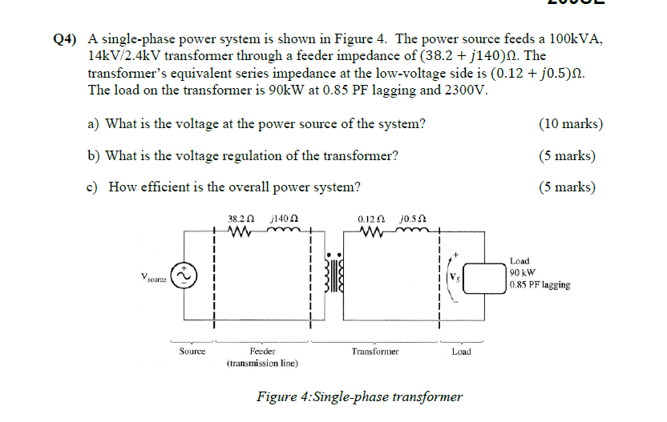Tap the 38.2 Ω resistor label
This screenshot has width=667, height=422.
241,218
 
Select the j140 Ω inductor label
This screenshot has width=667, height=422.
285,218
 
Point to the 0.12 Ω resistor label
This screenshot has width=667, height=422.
370,218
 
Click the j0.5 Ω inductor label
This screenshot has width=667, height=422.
412,218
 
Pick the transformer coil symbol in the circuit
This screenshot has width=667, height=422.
333,276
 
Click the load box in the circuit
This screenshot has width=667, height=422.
483,278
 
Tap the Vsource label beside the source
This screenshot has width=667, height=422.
155,277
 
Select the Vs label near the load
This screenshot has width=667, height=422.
455,278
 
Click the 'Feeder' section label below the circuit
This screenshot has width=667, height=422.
262,351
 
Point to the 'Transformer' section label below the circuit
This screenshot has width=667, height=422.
374,351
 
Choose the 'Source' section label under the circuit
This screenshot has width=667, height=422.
192,351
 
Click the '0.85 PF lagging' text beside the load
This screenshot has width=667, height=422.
540,285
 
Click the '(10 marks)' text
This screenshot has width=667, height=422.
571,123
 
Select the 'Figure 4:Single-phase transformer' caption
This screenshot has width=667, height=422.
359,396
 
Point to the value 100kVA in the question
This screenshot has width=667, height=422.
574,38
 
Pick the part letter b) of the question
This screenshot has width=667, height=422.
92,155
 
